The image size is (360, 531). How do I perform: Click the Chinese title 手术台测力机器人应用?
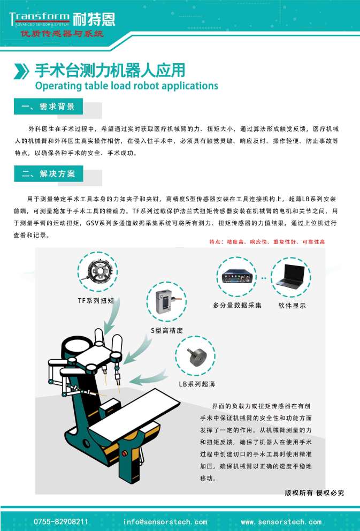pyautogui.click(x=110, y=70)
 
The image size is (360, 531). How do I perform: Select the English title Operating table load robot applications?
pyautogui.click(x=126, y=86)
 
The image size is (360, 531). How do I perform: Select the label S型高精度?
pyautogui.click(x=166, y=331)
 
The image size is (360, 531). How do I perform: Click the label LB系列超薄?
pyautogui.click(x=197, y=384)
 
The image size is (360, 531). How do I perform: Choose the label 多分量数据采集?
pyautogui.click(x=237, y=306)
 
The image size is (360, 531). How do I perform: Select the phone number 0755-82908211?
pyautogui.click(x=61, y=521)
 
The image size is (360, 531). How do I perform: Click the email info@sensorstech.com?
pyautogui.click(x=165, y=521)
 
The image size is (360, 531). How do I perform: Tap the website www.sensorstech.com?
pyautogui.click(x=281, y=521)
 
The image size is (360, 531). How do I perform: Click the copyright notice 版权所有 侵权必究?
pyautogui.click(x=314, y=492)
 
